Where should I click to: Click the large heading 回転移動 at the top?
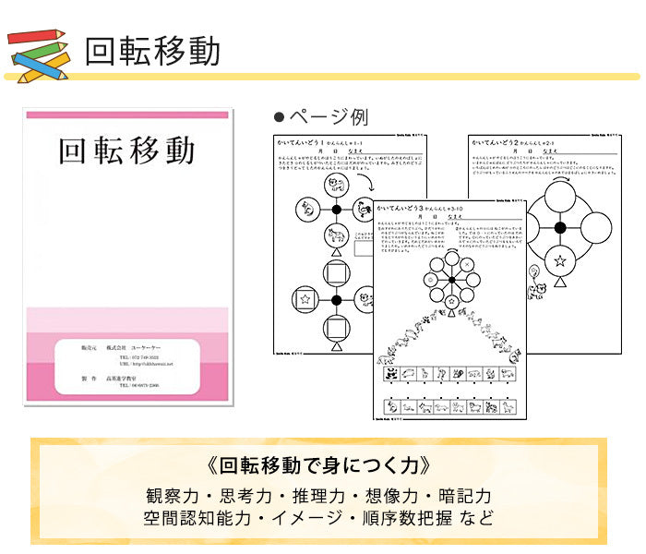point(152,51)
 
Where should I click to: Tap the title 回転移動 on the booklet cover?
point(126,151)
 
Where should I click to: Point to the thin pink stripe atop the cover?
point(126,114)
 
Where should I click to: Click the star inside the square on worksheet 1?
point(303,299)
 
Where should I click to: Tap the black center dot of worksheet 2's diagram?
point(559,227)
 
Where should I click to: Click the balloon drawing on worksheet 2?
point(533,273)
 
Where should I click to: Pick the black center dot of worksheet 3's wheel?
point(451,281)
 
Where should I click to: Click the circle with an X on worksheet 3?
point(468,265)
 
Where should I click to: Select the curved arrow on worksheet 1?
point(354,186)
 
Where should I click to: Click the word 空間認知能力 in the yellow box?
point(197,517)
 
